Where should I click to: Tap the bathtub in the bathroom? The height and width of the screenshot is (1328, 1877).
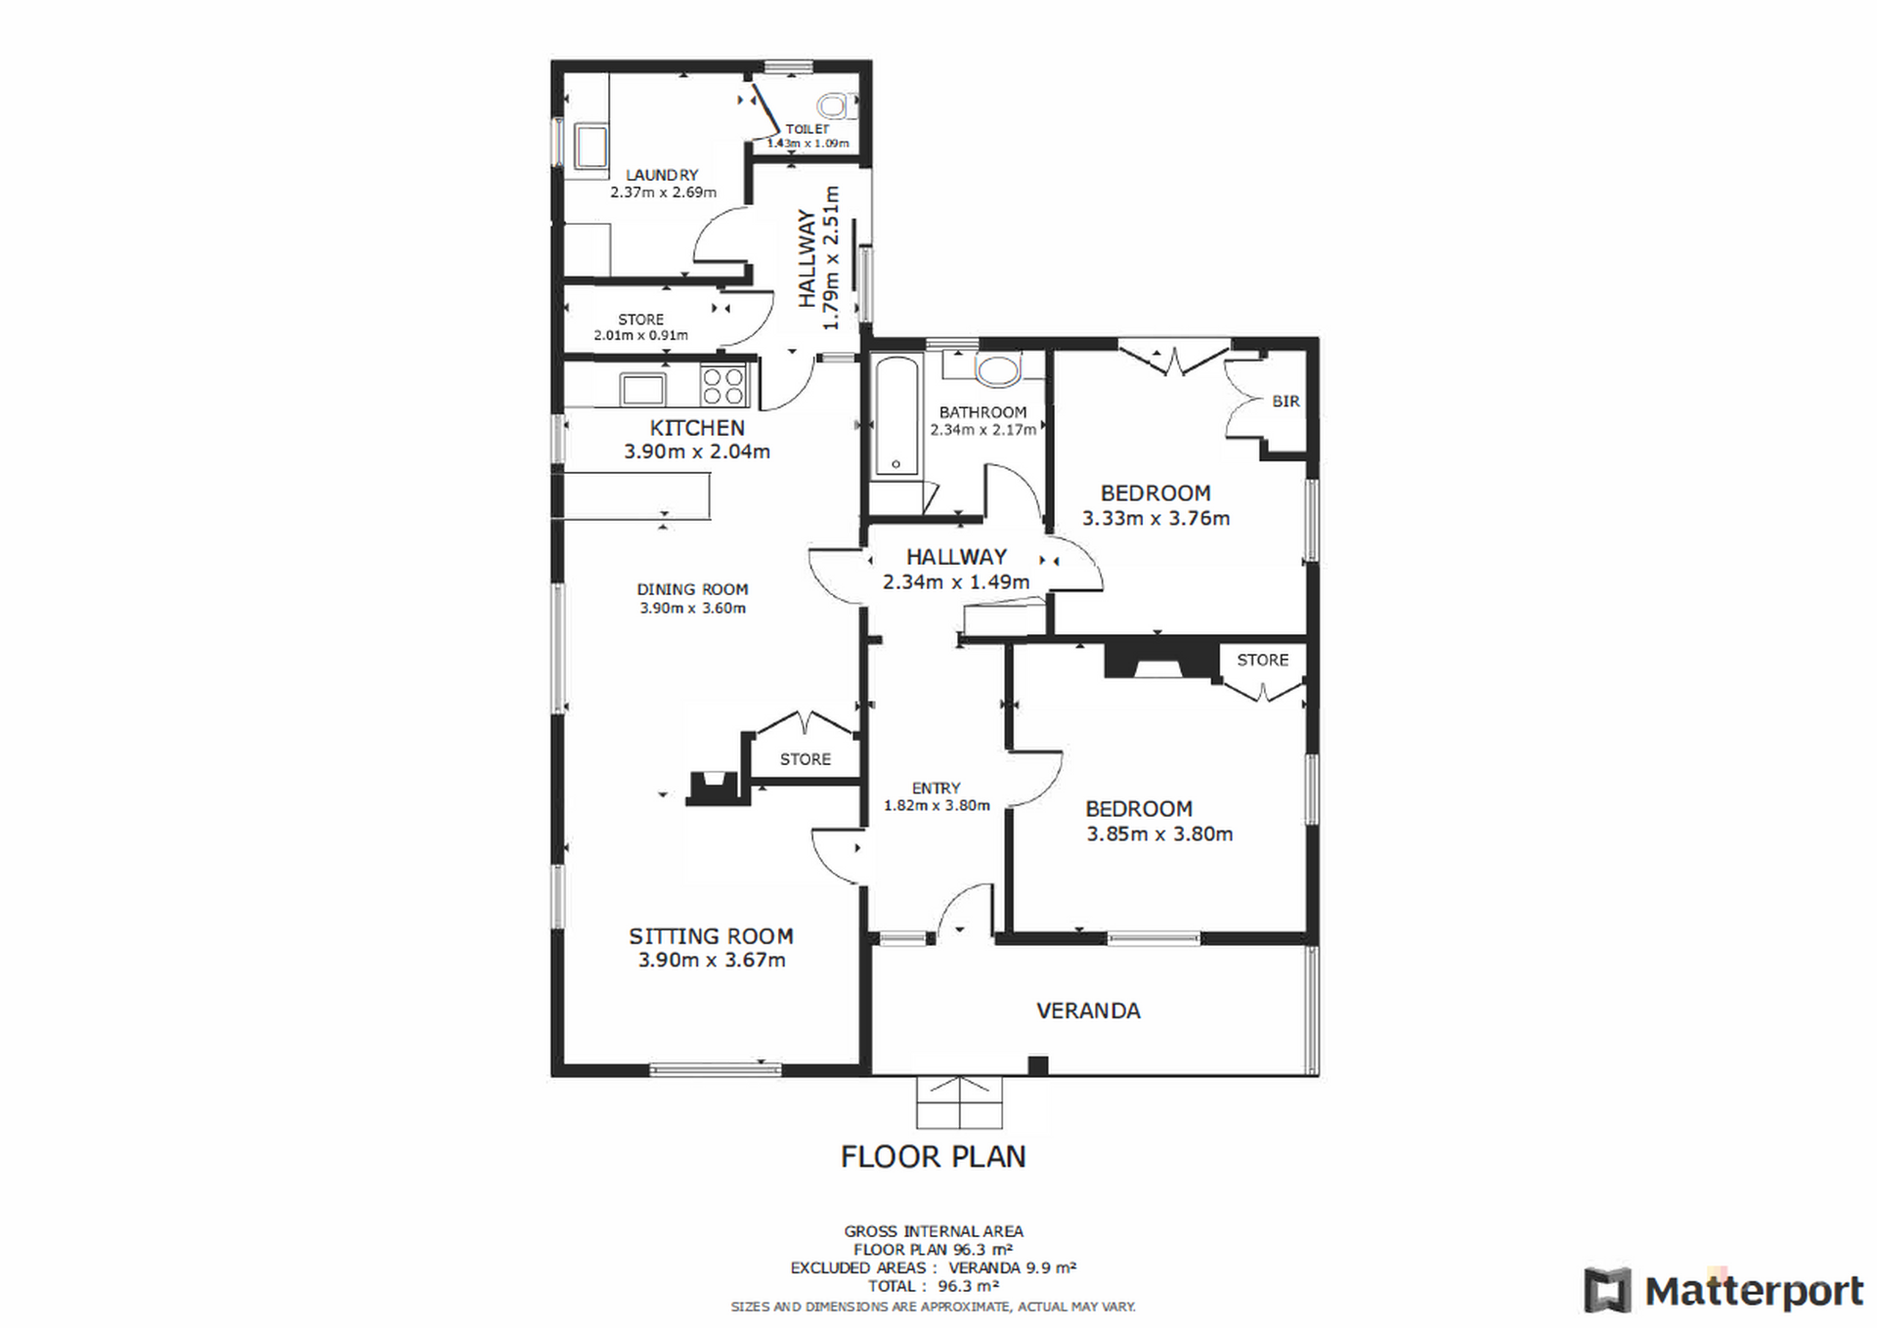[896, 417]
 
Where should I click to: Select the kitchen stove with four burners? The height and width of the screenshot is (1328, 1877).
[723, 385]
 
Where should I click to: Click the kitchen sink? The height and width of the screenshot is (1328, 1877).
[643, 389]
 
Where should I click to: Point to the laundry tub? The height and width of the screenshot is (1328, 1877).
[590, 148]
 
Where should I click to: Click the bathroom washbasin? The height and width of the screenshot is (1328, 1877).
[996, 370]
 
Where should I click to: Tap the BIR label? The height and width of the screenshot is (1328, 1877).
[1286, 402]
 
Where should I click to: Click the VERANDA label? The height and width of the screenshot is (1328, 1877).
[1088, 1010]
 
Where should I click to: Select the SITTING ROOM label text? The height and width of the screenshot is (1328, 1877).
[711, 936]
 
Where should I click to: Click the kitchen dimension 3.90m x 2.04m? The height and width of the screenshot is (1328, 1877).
[697, 451]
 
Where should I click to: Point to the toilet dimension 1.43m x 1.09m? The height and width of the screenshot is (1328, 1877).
[808, 144]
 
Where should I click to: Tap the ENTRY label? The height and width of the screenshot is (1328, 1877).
[937, 788]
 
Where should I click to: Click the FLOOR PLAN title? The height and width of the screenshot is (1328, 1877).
[934, 1157]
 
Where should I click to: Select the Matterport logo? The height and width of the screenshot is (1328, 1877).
[1724, 1291]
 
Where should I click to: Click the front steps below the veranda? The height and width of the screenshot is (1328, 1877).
[959, 1102]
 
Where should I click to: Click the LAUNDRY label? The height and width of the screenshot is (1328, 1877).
[663, 175]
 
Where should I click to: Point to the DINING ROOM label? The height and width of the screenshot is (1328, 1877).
[692, 589]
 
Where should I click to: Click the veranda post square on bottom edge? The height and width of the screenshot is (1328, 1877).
[1038, 1065]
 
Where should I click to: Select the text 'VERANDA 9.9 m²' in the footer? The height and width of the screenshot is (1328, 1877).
[1013, 1267]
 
